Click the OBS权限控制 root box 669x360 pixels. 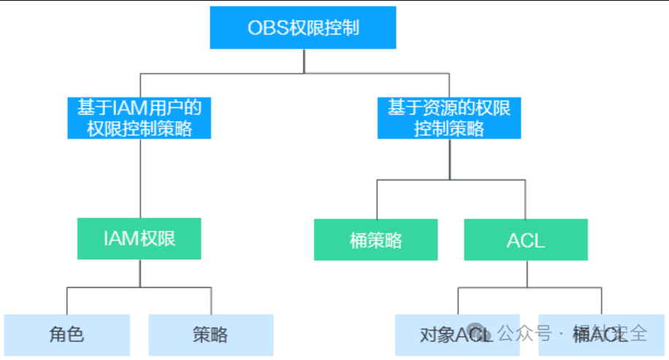[x=303, y=28]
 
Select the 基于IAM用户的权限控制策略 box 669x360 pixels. [x=139, y=118]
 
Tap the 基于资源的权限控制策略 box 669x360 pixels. [x=449, y=118]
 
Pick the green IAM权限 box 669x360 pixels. [x=139, y=238]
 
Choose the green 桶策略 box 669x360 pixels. [x=376, y=240]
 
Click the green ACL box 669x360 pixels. [x=526, y=240]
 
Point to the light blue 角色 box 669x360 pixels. [x=66, y=334]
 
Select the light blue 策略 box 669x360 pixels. [x=210, y=334]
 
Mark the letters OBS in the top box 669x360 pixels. [x=264, y=28]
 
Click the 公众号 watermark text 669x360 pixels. [x=524, y=333]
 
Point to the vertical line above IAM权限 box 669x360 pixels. [x=139, y=179]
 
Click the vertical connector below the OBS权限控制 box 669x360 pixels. [x=303, y=61]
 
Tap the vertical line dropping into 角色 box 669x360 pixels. [x=66, y=301]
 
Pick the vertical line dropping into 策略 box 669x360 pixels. [x=211, y=301]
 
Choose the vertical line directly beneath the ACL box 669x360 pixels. [x=526, y=274]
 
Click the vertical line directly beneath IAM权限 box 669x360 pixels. [x=139, y=273]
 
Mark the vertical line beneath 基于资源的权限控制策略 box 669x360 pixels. [x=449, y=158]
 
